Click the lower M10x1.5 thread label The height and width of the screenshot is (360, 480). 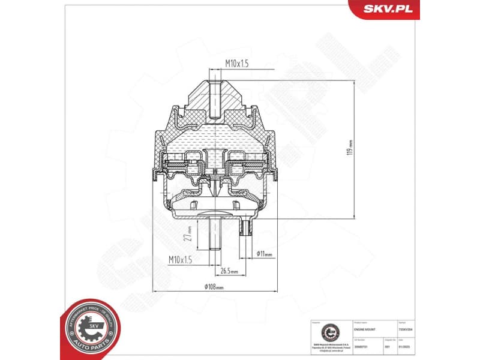tap(181, 259)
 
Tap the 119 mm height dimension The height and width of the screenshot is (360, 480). tap(350, 144)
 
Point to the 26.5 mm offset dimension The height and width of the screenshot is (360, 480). tap(229, 271)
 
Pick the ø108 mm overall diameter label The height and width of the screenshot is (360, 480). tap(214, 287)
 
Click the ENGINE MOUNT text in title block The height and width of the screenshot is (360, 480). tap(366, 330)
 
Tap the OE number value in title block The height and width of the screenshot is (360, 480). tap(361, 346)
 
